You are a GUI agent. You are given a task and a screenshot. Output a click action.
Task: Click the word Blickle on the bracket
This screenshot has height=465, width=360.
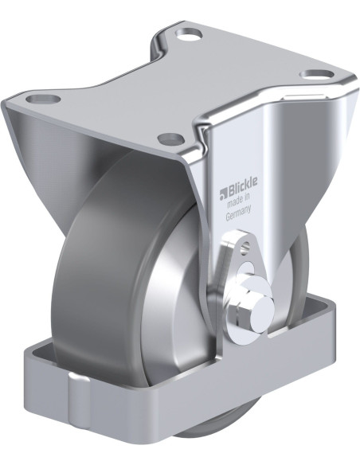tap(238, 190)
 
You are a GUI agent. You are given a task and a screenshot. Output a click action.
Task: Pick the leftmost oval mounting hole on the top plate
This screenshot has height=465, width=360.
tap(43, 100)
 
